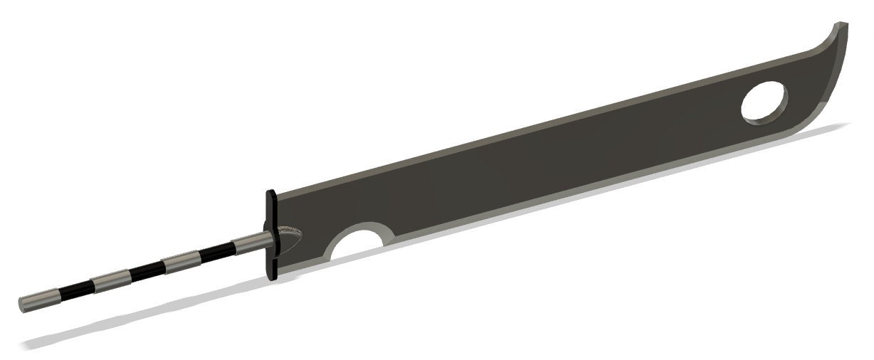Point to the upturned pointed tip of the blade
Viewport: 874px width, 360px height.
(843, 26)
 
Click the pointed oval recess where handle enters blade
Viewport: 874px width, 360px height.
(290, 235)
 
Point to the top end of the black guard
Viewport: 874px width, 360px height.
(270, 193)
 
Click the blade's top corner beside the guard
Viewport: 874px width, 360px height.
(278, 196)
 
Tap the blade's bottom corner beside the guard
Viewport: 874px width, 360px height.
(280, 269)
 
